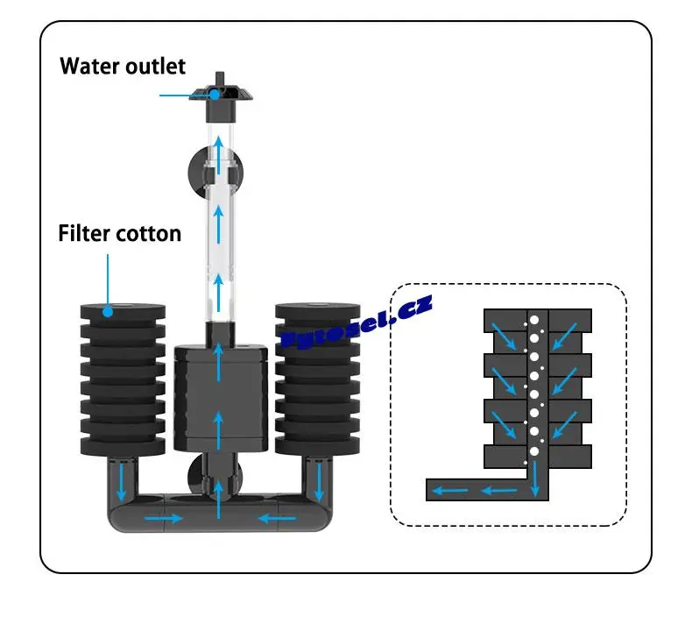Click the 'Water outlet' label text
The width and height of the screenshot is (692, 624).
click(123, 67)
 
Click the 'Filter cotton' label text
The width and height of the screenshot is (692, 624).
click(120, 234)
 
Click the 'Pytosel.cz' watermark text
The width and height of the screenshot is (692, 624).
click(357, 323)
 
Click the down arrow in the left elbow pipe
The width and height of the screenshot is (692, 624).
click(121, 479)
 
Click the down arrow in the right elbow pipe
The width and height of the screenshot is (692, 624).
click(319, 479)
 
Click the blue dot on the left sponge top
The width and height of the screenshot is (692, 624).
click(108, 309)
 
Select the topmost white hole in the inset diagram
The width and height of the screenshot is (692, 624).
click(533, 319)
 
